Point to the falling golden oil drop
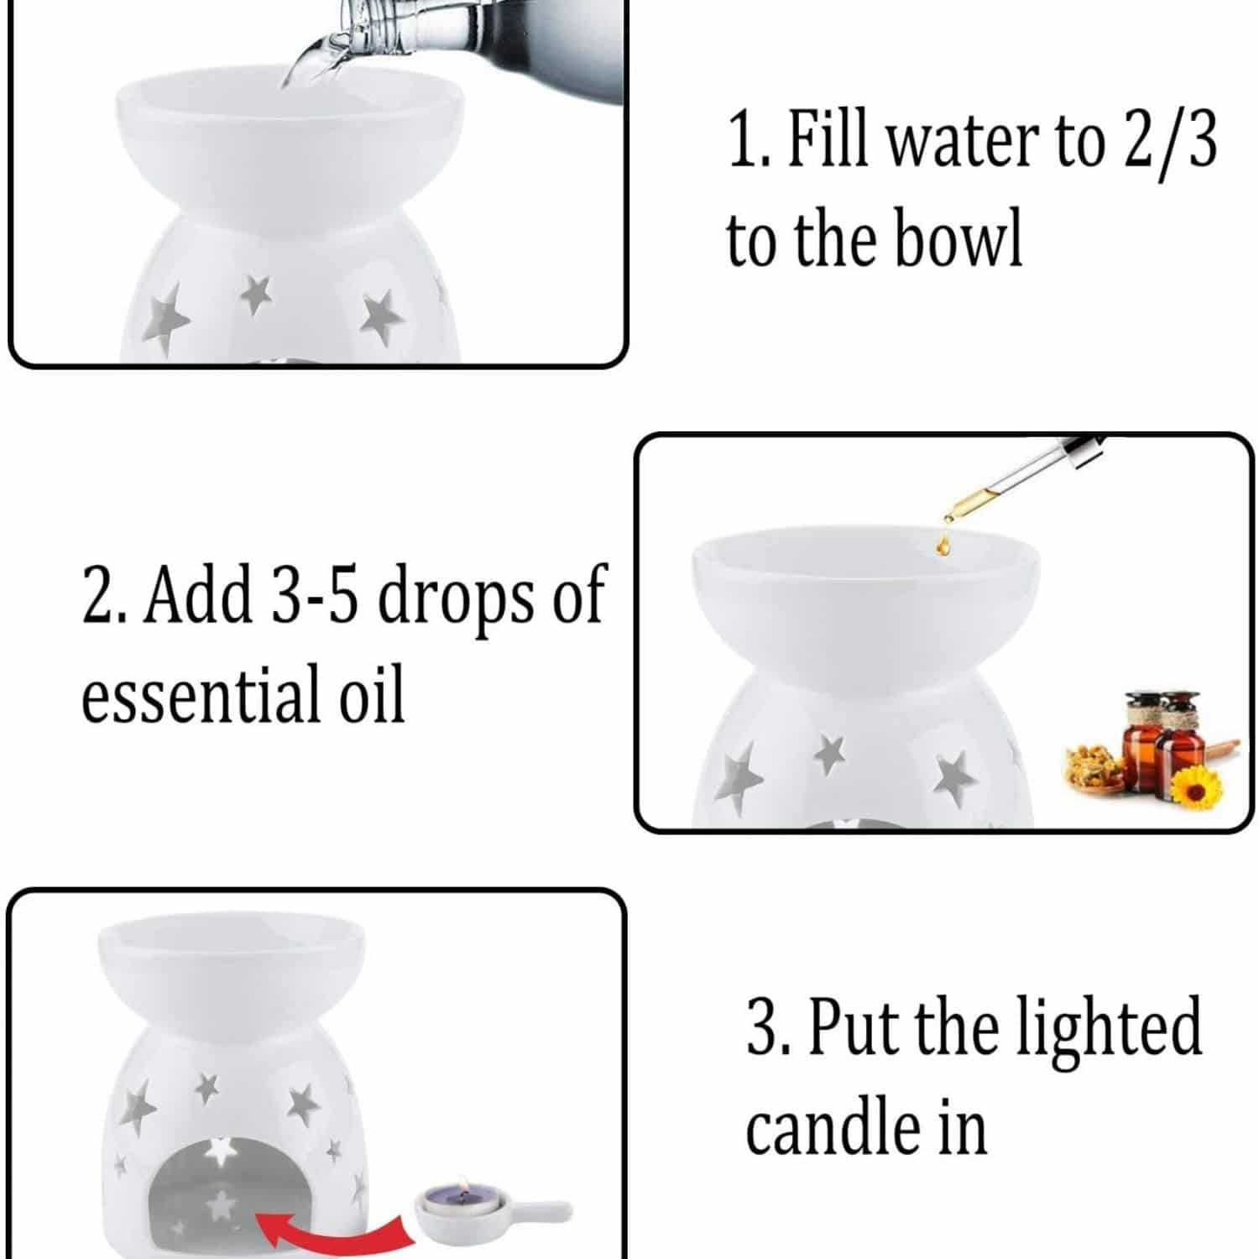pyautogui.click(x=944, y=546)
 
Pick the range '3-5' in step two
pyautogui.click(x=314, y=595)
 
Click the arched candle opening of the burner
pyautogui.click(x=220, y=1192)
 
